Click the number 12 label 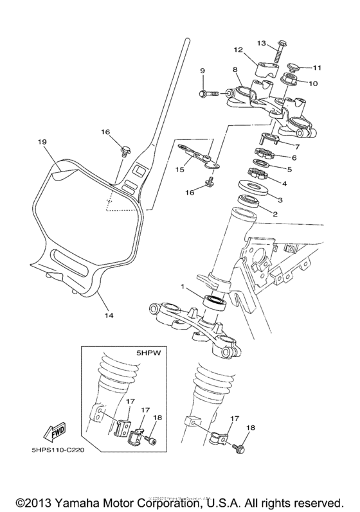[x=238, y=49]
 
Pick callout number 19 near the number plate [x=43, y=141]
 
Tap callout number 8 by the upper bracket [x=235, y=69]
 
